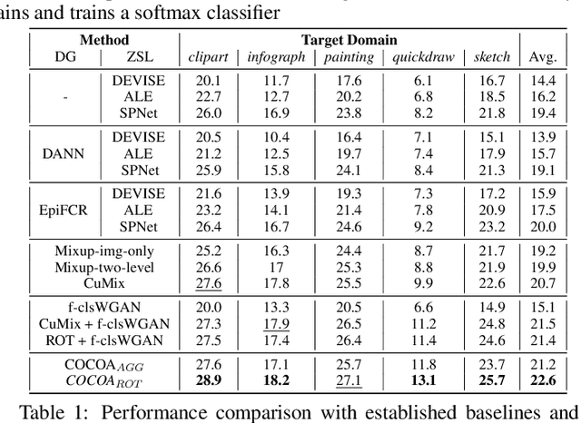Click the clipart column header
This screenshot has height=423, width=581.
click(x=208, y=57)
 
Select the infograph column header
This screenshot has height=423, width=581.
click(x=274, y=57)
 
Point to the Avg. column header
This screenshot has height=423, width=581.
click(x=542, y=57)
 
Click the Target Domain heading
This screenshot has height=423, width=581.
click(x=349, y=40)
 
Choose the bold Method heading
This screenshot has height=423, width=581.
click(x=104, y=40)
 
